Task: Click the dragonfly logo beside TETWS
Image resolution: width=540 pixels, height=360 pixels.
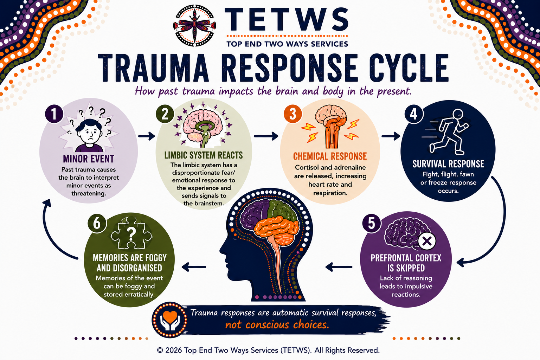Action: tap(194, 26)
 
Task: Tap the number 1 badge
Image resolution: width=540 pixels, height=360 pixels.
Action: tap(54, 114)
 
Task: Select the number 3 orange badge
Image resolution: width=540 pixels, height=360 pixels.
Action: tap(292, 114)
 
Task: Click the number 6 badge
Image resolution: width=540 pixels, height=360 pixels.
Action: tap(97, 223)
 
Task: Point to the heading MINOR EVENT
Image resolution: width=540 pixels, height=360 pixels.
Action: tap(89, 159)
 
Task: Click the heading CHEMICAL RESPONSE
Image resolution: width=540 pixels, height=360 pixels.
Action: tap(330, 156)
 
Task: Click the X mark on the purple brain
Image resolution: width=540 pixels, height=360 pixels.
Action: tap(427, 241)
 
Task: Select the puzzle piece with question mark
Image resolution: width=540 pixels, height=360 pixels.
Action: tap(131, 233)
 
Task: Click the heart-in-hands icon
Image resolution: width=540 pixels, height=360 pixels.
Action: tap(170, 320)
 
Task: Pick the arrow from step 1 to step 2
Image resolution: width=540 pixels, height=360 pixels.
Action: tap(147, 136)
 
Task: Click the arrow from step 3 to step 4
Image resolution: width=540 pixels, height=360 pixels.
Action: tap(391, 136)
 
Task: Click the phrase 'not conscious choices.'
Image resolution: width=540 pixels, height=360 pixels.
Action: tap(277, 325)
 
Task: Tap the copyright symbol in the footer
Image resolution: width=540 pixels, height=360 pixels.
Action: tap(160, 350)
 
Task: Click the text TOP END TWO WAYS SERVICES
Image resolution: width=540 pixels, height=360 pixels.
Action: tap(287, 44)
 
